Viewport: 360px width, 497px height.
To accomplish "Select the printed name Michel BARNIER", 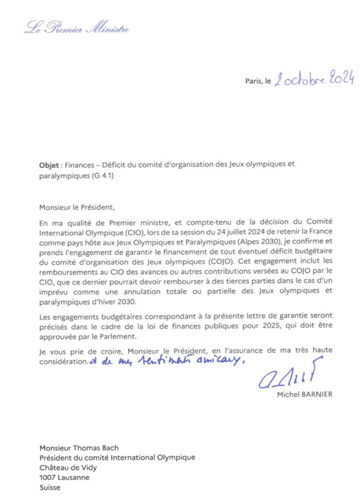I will click(305, 395).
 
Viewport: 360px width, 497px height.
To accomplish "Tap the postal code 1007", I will click(48, 477).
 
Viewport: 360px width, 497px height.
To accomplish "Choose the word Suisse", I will click(50, 487).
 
